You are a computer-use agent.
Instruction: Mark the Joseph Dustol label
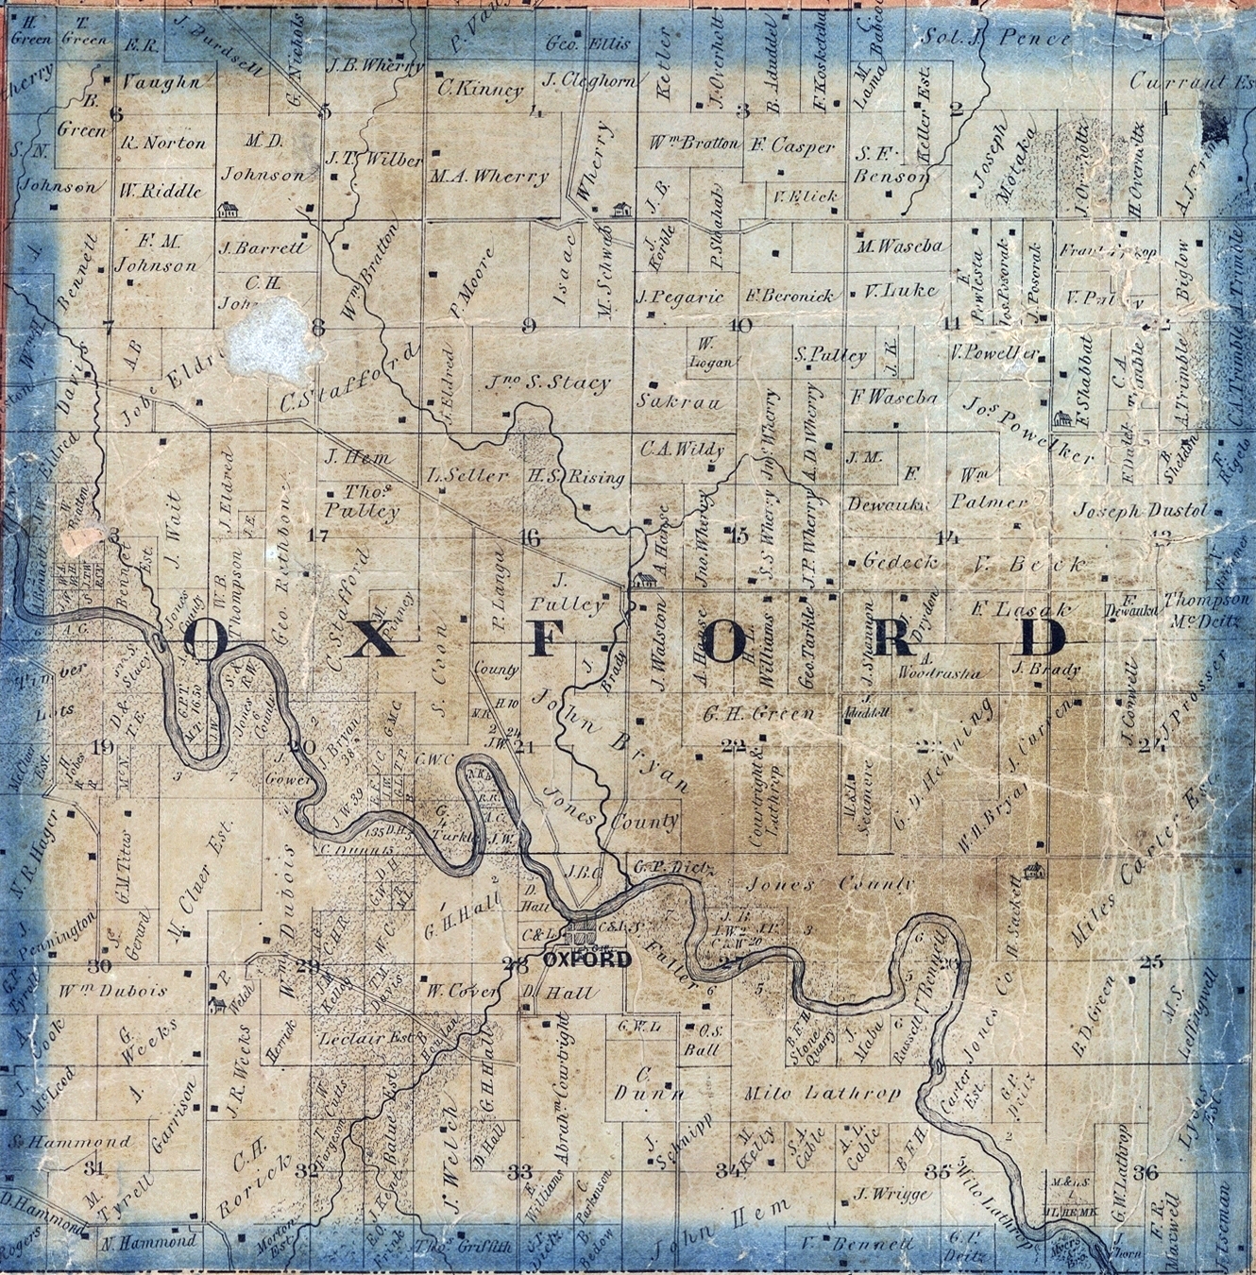[x=1139, y=510]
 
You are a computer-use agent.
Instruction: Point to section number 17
[x=317, y=535]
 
